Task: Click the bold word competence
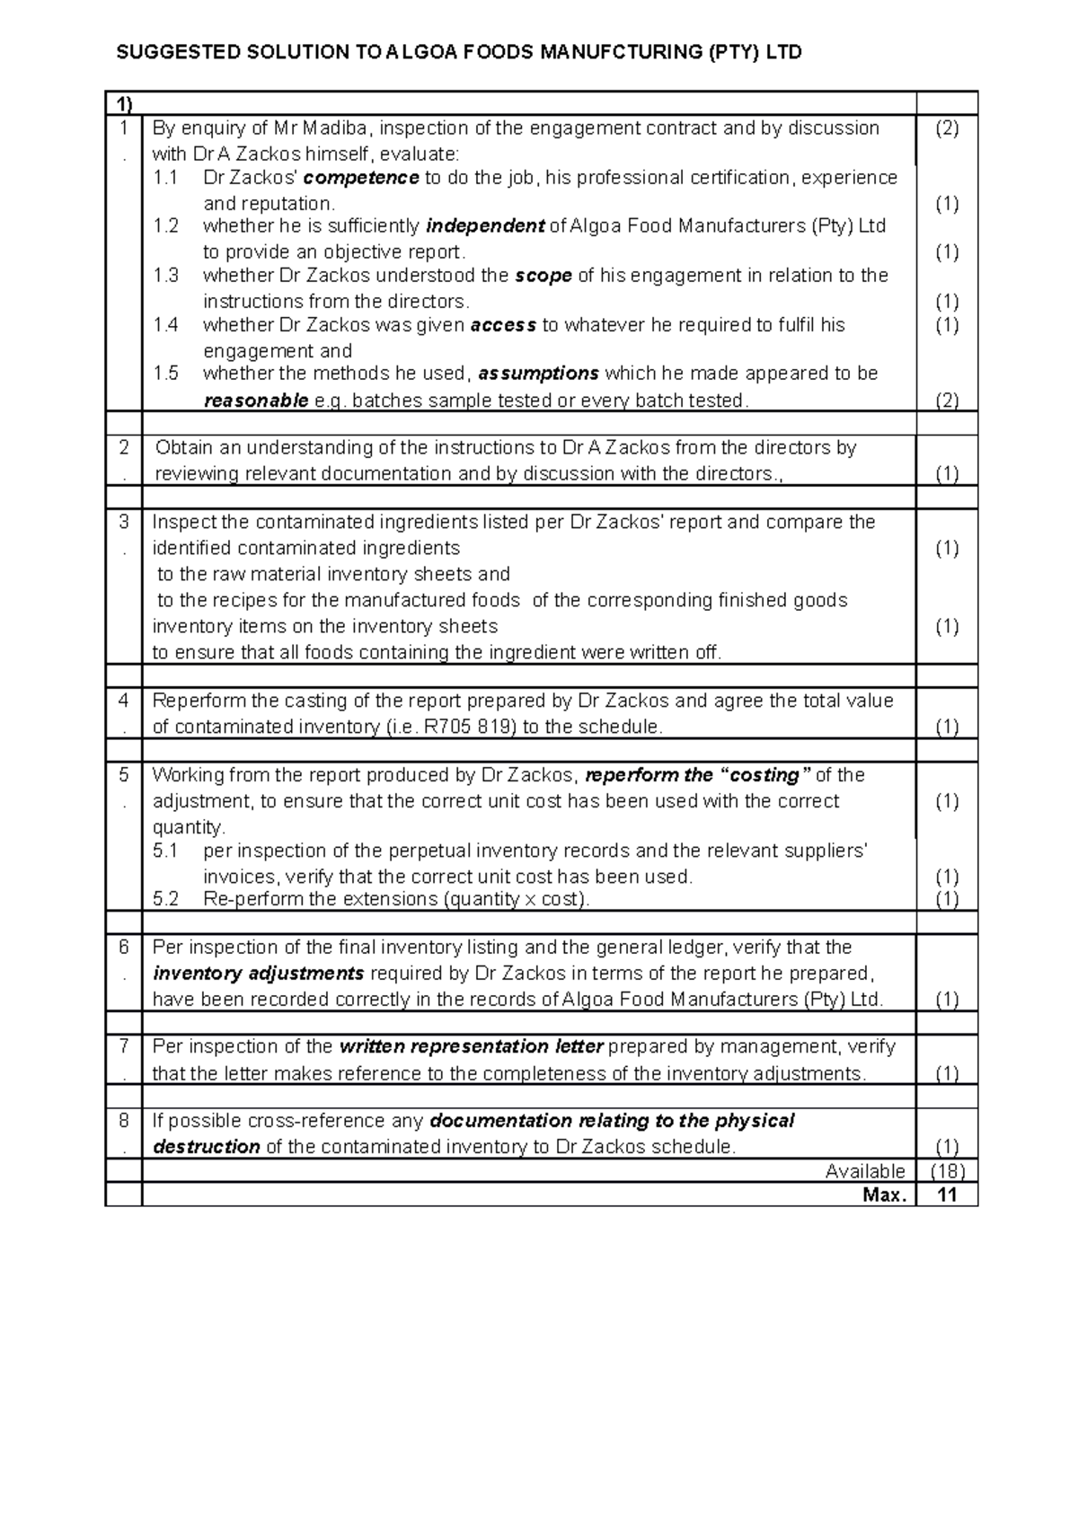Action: point(362,178)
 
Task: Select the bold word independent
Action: point(485,226)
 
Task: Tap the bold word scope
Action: point(543,276)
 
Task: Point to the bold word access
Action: point(503,325)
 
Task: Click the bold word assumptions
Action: point(539,374)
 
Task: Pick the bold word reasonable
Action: point(256,401)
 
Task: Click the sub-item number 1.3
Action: point(166,276)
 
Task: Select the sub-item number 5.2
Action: point(166,899)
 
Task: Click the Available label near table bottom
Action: point(865,1171)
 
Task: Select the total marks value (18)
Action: point(947,1171)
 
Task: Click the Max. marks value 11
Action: point(947,1194)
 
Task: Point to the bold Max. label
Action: point(885,1194)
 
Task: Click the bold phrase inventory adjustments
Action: point(259,974)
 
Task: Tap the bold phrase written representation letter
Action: point(472,1046)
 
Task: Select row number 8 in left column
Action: point(124,1121)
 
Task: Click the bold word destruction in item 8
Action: point(207,1147)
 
